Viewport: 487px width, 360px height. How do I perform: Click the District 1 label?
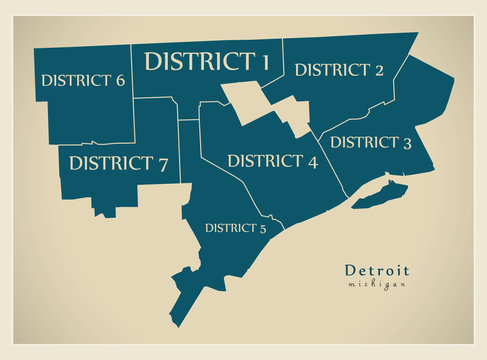[207, 61]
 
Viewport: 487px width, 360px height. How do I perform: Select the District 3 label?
[371, 143]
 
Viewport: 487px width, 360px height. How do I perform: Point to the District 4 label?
[272, 161]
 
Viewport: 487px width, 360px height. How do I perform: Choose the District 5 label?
[236, 228]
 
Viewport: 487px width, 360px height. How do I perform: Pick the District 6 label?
[83, 80]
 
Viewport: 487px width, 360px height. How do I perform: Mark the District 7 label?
[119, 163]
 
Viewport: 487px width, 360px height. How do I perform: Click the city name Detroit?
[377, 271]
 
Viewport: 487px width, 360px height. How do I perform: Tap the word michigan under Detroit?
[377, 285]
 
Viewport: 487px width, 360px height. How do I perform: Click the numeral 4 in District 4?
[312, 162]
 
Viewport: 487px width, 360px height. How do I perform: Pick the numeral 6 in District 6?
[120, 80]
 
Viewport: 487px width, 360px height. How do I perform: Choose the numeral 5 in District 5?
[263, 228]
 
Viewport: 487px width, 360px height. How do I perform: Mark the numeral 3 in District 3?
[407, 143]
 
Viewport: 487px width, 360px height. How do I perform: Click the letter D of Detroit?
[350, 271]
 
